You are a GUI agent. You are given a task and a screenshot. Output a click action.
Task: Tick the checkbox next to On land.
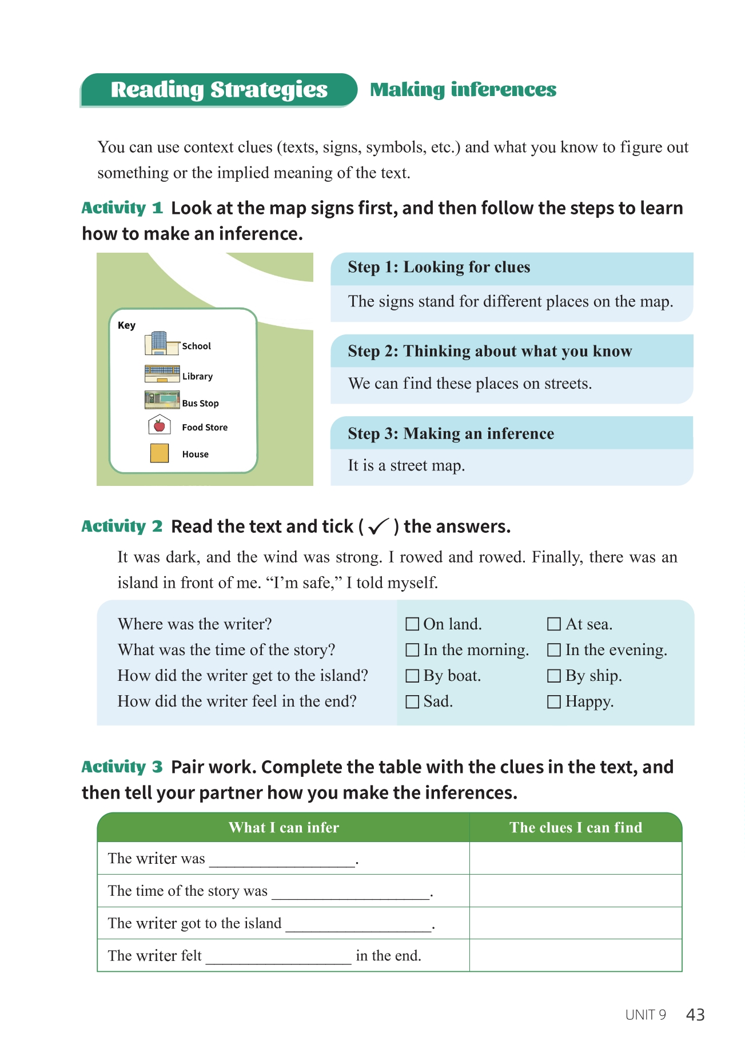(x=412, y=624)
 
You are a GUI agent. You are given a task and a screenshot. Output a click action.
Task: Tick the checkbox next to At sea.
(x=553, y=624)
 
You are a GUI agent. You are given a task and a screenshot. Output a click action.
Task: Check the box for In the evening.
(x=553, y=650)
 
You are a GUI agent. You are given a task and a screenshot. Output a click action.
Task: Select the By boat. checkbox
(x=412, y=676)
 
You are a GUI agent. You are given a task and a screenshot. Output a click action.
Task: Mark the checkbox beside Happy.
(x=553, y=701)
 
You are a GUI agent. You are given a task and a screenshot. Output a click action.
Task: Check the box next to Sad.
(x=412, y=701)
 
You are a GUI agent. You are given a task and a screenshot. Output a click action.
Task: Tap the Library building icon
(x=162, y=373)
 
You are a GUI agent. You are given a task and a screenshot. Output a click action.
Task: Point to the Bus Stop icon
(x=162, y=400)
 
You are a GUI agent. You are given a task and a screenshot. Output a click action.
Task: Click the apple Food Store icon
(x=160, y=425)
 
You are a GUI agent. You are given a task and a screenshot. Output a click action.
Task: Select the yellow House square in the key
(x=160, y=453)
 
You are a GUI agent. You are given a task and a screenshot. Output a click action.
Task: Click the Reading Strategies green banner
(x=219, y=90)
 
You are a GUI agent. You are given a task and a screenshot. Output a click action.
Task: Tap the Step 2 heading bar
(x=511, y=351)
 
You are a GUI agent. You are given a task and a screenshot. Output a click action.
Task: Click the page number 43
(x=695, y=1015)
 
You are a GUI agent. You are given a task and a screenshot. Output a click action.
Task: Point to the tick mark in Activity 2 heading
(x=379, y=526)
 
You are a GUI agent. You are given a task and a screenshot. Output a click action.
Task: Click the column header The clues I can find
(x=576, y=828)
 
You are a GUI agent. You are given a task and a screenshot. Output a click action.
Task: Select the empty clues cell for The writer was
(x=576, y=859)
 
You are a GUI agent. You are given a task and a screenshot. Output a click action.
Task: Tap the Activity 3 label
(x=122, y=767)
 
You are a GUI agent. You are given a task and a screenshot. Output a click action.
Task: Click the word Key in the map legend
(x=126, y=325)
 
